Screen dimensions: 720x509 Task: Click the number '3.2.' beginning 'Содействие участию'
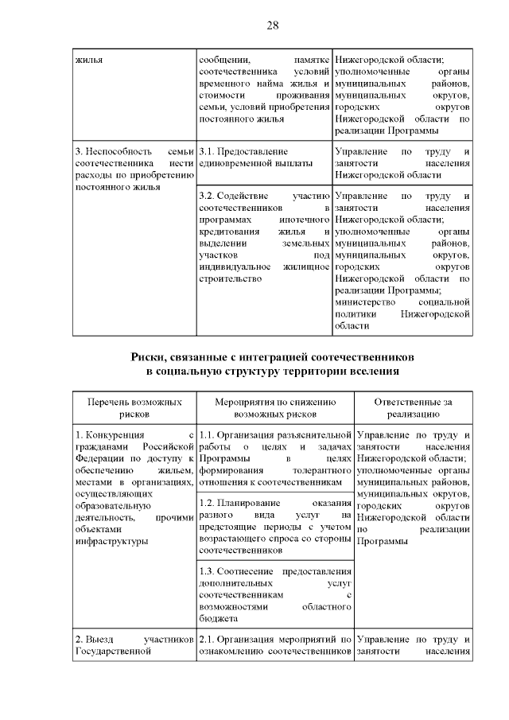208,195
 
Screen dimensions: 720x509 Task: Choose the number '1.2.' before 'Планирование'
208,503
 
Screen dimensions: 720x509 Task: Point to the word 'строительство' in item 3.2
230,278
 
